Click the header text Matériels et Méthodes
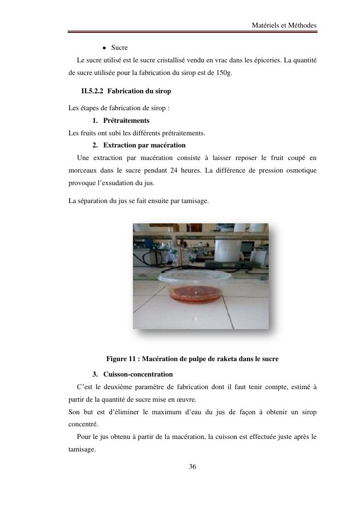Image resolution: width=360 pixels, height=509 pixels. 284,25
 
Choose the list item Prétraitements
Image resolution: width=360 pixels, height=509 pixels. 126,120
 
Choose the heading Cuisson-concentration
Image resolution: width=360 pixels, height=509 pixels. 138,374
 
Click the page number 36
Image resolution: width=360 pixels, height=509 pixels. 192,466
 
